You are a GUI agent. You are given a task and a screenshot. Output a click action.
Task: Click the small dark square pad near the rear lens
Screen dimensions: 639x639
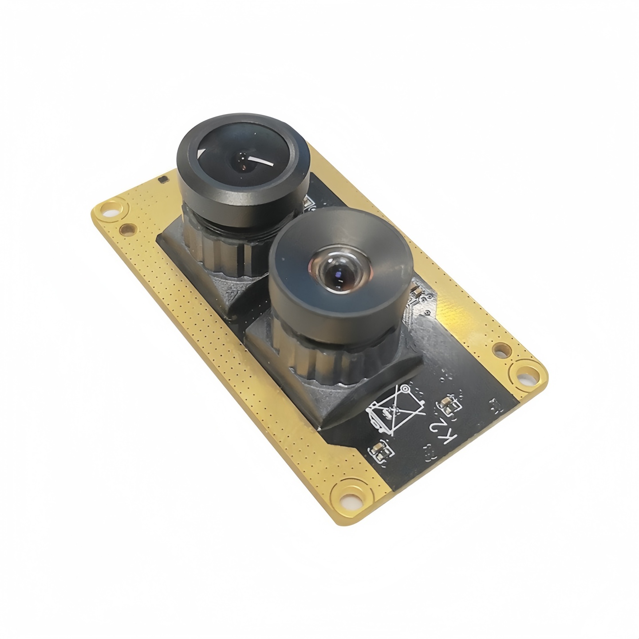click(x=164, y=179)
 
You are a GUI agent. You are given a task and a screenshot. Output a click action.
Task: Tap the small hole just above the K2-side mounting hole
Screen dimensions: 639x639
click(x=501, y=349)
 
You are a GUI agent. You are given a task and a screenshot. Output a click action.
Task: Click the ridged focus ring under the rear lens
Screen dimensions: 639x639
click(x=217, y=246)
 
